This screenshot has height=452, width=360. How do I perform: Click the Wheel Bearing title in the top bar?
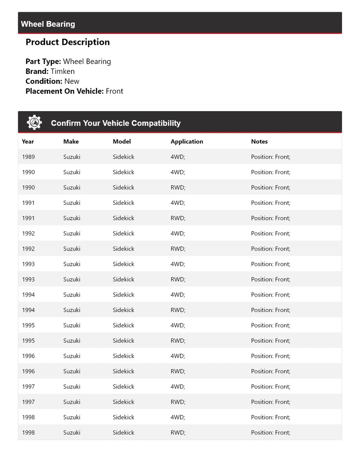(48, 24)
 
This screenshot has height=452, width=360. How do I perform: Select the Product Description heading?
(67, 42)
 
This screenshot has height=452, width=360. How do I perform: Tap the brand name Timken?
(63, 71)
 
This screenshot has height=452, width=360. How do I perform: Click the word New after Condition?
(72, 81)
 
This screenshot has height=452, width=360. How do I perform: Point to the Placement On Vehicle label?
(64, 91)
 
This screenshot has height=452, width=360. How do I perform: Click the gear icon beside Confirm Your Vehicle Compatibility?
(34, 122)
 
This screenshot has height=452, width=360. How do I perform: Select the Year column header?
(28, 141)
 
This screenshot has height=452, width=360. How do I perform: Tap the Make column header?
(71, 141)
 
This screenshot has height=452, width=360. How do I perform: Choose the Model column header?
(122, 141)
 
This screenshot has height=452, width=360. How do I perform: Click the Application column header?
(187, 141)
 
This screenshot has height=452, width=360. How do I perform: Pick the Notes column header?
(259, 141)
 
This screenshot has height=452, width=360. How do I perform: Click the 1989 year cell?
(28, 157)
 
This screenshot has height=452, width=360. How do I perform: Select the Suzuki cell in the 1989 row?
(72, 157)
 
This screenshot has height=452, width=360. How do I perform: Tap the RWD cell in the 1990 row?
(178, 187)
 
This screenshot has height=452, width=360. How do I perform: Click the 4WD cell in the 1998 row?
(178, 417)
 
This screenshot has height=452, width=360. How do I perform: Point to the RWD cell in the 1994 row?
(178, 310)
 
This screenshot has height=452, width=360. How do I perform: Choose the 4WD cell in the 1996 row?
(178, 356)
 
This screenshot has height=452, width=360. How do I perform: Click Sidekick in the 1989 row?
(123, 157)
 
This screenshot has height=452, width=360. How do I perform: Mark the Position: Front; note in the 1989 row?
(271, 157)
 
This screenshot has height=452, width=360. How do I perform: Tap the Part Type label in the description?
(43, 61)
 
